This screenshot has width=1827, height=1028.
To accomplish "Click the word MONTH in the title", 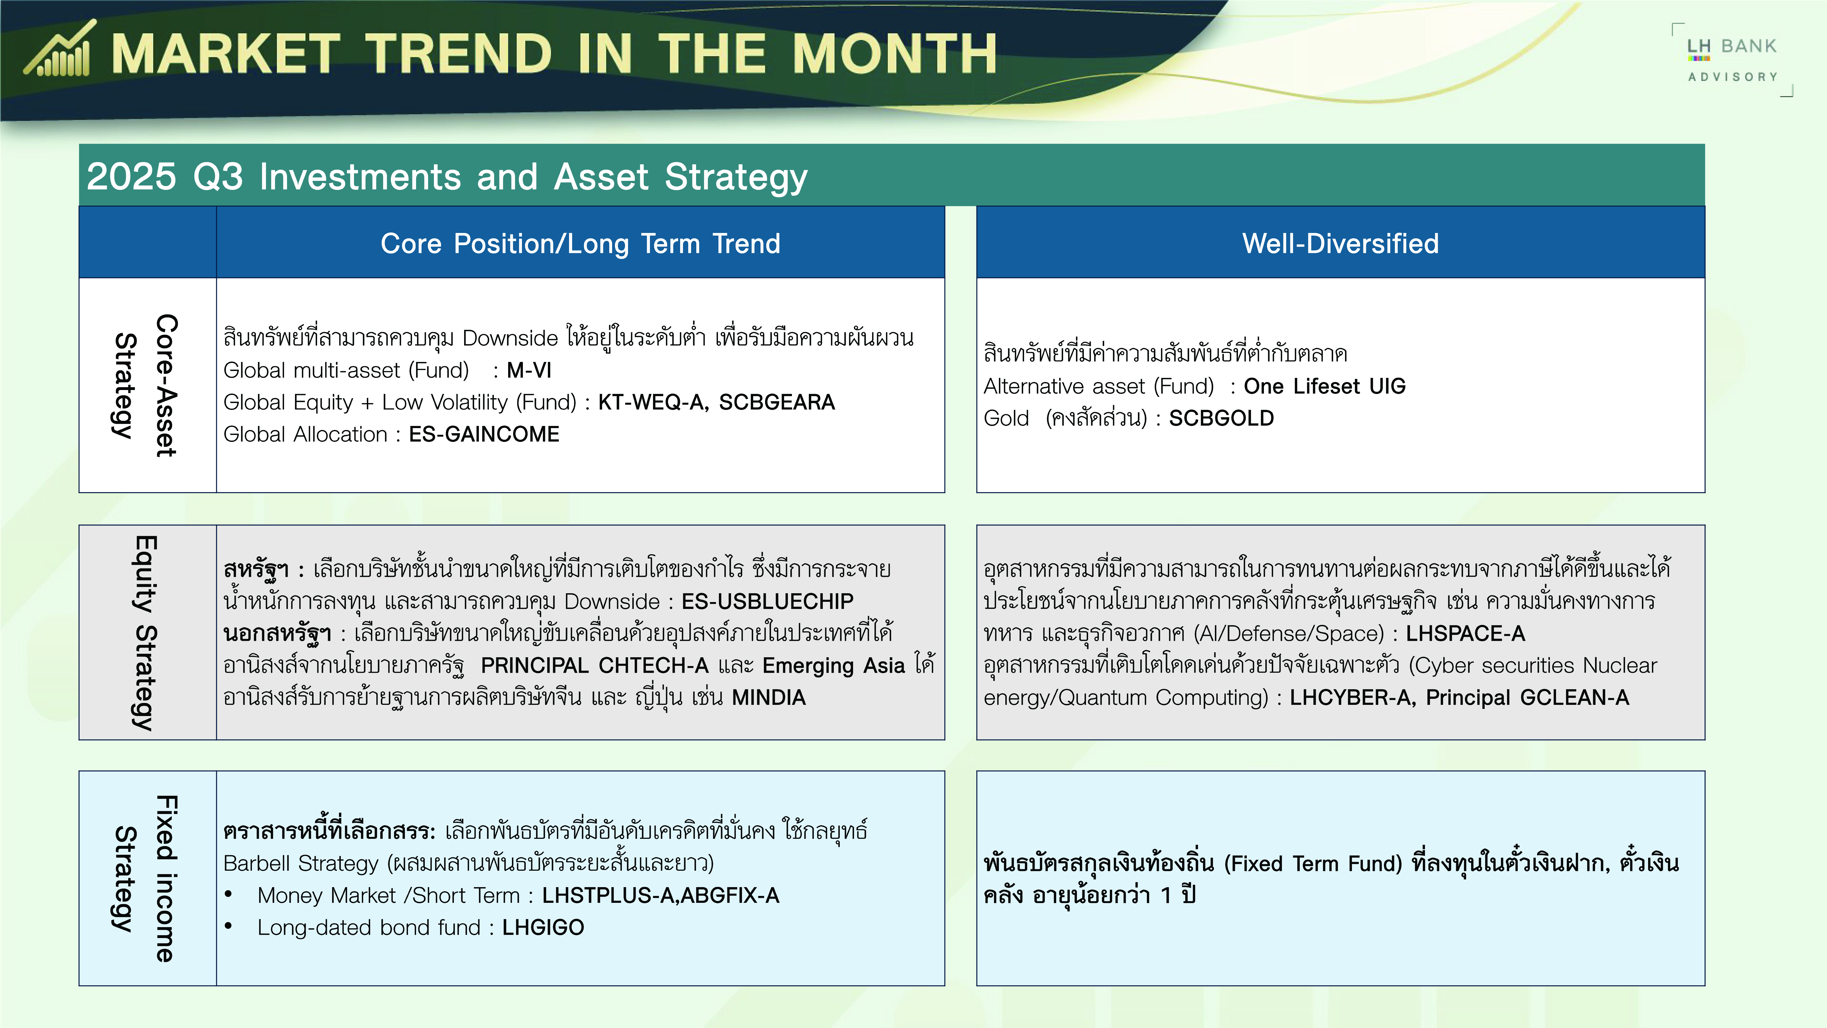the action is pos(894,54).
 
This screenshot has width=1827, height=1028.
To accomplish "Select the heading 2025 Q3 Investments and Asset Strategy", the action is pos(447,177).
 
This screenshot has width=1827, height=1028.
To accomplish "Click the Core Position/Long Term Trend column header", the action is pos(580,243).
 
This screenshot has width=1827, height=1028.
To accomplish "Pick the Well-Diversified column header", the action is pos(1341,243).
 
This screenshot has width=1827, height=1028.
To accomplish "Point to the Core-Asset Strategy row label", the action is pos(145,385).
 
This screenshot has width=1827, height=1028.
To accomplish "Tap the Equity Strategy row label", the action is pos(145,633).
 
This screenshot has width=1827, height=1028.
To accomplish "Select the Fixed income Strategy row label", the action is pos(145,878).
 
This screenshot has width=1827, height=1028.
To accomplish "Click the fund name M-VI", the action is pos(529,370).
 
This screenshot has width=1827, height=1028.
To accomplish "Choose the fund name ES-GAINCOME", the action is pos(484,434).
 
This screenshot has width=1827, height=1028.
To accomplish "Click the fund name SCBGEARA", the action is pos(777,402).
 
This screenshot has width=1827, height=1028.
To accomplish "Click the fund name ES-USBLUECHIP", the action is pos(767,602).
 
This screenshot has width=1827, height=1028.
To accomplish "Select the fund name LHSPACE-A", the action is pos(1465,633).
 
